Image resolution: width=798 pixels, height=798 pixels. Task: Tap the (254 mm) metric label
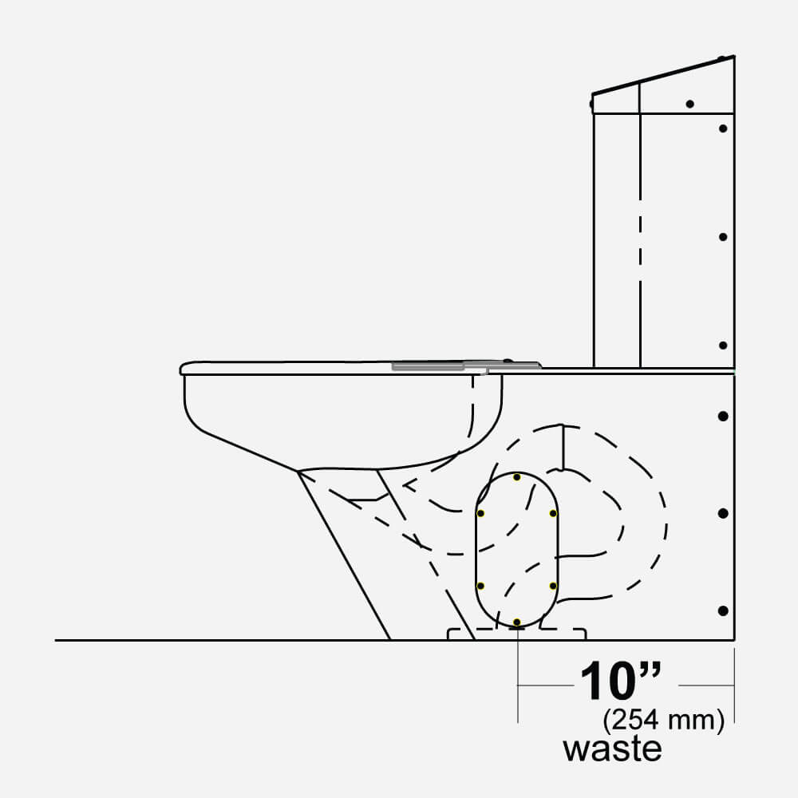point(664,721)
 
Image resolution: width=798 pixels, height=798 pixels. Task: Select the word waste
point(612,749)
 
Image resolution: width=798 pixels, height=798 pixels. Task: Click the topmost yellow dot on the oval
point(516,477)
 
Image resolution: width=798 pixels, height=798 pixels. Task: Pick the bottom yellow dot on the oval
point(516,622)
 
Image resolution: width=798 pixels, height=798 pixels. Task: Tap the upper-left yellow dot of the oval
point(480,513)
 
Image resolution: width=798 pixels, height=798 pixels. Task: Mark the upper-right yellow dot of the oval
point(553,513)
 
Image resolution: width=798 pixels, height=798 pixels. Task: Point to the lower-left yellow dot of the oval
point(480,586)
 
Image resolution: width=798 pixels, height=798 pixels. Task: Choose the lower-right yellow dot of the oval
point(553,586)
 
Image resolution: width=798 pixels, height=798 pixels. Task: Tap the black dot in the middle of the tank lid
point(689,104)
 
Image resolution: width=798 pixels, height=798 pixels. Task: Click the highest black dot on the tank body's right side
point(723,128)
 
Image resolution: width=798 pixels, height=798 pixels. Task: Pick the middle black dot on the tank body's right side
point(723,237)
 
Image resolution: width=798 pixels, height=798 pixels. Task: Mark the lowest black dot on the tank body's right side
point(723,345)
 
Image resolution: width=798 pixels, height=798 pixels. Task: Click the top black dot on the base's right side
point(723,417)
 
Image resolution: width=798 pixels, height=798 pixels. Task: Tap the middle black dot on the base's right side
point(723,513)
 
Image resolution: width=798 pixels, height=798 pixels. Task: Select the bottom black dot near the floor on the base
point(723,610)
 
